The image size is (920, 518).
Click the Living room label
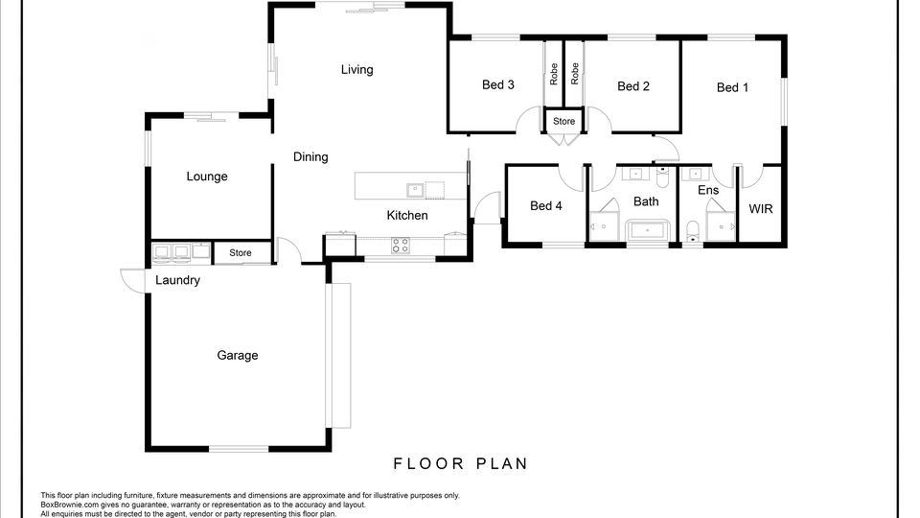(356, 70)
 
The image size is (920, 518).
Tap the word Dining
(310, 156)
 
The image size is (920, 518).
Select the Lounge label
(207, 177)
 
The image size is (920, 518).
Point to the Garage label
(238, 355)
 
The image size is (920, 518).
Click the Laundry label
(178, 280)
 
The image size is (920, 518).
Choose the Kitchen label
(407, 216)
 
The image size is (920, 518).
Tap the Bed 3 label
(498, 85)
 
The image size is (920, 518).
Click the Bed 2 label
(633, 86)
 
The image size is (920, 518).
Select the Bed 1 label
(733, 87)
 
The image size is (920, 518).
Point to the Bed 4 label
(546, 205)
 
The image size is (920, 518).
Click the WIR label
(761, 209)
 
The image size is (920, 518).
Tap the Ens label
(708, 190)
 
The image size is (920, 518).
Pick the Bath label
(646, 201)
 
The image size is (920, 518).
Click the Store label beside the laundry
(240, 253)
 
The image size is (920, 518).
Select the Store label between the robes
(563, 122)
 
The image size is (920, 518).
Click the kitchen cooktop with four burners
(401, 246)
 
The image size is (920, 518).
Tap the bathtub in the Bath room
(648, 230)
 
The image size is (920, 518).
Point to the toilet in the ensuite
(693, 231)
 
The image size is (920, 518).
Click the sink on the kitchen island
(415, 190)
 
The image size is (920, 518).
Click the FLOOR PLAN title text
(461, 464)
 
